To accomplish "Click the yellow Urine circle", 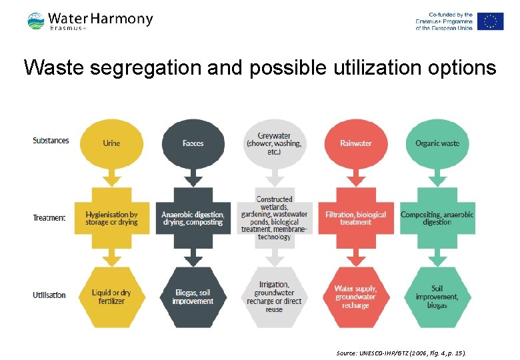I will pos(111,143).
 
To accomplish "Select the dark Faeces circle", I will pos(193,143).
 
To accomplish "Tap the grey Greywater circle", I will pos(274,143).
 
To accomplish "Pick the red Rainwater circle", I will pos(355,143).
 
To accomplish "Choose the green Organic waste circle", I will pos(437,143).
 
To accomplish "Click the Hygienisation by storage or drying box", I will pos(111,218).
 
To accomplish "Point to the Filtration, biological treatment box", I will pos(355,218).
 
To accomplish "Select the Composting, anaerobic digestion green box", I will pos(437,218).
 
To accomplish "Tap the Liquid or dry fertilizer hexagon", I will pos(111,297).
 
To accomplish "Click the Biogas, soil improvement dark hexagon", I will pos(193,297).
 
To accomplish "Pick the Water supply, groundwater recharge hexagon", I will pos(355,297).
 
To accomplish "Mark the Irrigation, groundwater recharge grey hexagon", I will pos(274,297).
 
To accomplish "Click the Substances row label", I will pos(51,141).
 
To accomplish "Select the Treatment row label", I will pos(49,218).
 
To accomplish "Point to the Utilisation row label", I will pos(49,295).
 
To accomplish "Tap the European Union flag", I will pos(490,21).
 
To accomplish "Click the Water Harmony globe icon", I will pos(36,21).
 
